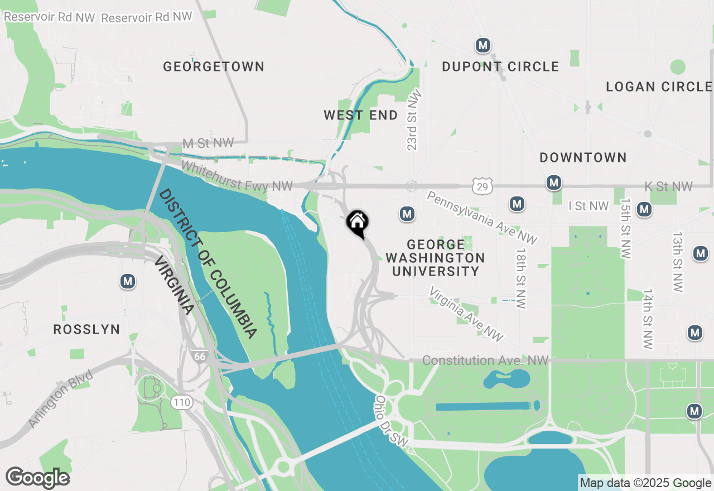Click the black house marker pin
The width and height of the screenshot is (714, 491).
coord(358,223)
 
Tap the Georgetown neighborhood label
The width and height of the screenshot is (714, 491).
coord(214,67)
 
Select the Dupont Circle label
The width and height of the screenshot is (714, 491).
coord(500,67)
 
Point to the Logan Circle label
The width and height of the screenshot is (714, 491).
coord(659,87)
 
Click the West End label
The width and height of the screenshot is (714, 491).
coord(361,115)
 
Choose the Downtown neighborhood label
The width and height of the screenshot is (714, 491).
coord(583,158)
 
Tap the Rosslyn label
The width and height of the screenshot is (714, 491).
coord(86,330)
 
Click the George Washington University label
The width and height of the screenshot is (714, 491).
coord(436,258)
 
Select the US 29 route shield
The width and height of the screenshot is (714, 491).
coord(481,186)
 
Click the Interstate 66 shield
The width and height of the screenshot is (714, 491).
coord(198,355)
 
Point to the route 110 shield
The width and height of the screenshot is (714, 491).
coord(182,402)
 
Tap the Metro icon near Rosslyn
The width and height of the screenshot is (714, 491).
coord(128,282)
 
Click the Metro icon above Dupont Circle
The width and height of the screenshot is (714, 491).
coord(483,45)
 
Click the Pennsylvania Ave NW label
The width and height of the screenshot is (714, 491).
coord(482,217)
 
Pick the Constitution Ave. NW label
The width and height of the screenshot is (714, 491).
coord(485,361)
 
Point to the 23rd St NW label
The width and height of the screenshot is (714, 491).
coord(413,121)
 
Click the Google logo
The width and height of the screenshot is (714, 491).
coord(38,478)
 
